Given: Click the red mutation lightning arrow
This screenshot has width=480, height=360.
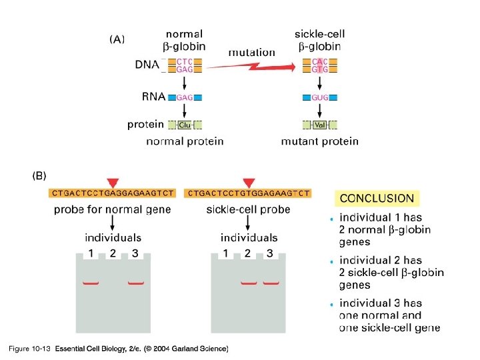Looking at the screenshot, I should click(x=253, y=65).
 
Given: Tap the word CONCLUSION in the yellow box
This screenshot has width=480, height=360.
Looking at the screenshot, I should click(x=377, y=198).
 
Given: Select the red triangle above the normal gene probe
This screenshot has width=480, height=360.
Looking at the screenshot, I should click(x=113, y=182).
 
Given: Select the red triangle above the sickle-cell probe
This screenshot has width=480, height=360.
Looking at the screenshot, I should click(x=249, y=182).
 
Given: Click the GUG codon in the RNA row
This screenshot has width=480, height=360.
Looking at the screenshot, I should click(x=320, y=97).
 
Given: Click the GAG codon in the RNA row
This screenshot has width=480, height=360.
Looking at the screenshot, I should click(x=185, y=97).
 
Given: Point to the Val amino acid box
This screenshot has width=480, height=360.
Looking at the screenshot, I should click(x=320, y=125).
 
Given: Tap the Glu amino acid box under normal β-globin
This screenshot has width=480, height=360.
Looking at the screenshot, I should click(x=185, y=125).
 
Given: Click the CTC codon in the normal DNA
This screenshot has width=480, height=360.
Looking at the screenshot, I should click(x=185, y=61).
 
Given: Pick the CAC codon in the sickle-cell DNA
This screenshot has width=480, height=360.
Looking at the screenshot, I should click(x=320, y=61).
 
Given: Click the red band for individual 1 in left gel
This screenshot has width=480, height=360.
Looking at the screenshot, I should click(x=91, y=283).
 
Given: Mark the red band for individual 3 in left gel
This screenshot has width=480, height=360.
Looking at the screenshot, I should click(x=135, y=283).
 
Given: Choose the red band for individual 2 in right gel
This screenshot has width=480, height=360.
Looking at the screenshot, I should click(x=248, y=283).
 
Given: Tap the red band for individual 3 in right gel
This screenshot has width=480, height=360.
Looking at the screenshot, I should click(x=270, y=283).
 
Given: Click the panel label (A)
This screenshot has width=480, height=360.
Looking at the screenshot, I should click(x=117, y=39).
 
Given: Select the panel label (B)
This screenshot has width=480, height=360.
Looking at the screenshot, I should click(x=40, y=176).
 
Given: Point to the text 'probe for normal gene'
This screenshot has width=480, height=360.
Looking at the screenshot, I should click(x=113, y=209).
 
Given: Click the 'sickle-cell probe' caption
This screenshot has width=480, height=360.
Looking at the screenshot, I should click(x=248, y=209).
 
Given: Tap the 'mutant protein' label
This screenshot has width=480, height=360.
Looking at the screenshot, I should click(x=320, y=141).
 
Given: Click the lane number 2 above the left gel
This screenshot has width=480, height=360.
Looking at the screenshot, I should click(x=113, y=253).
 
